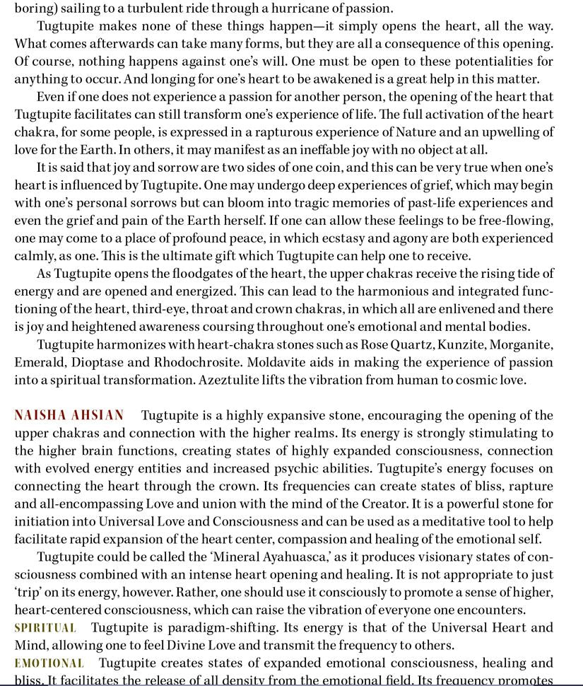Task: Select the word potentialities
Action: click(x=463, y=62)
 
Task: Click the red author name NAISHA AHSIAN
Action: click(x=69, y=415)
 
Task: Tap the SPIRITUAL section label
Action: click(x=45, y=628)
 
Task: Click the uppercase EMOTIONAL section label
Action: click(x=49, y=663)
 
